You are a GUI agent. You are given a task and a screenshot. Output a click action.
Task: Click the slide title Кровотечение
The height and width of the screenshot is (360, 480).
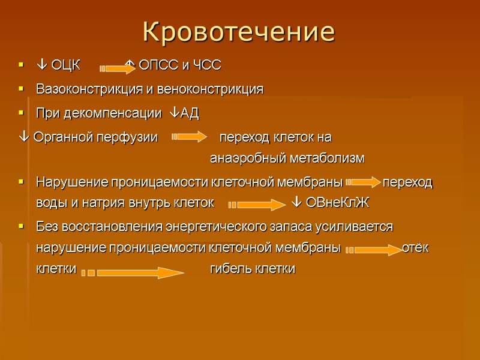point(239,31)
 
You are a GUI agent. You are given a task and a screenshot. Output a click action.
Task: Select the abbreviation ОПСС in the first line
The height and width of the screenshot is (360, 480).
point(157,65)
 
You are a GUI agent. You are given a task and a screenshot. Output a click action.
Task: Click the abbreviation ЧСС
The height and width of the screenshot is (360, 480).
point(208,65)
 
